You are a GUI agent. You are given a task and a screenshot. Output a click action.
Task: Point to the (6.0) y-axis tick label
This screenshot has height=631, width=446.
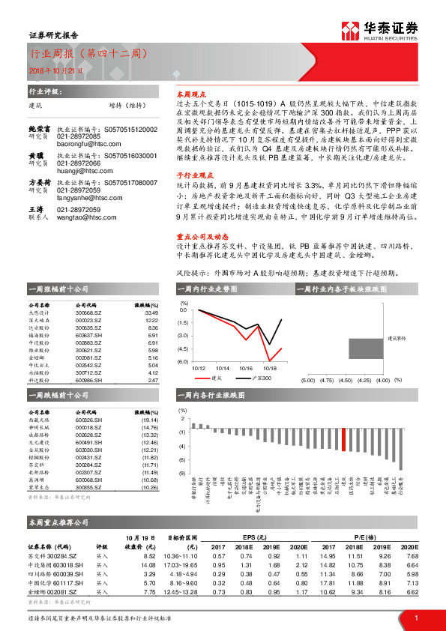coord(183,361)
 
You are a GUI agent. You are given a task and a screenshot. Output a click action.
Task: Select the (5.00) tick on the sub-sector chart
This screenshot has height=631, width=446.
coord(307,381)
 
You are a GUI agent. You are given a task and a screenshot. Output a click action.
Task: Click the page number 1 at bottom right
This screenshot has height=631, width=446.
coord(415,618)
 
